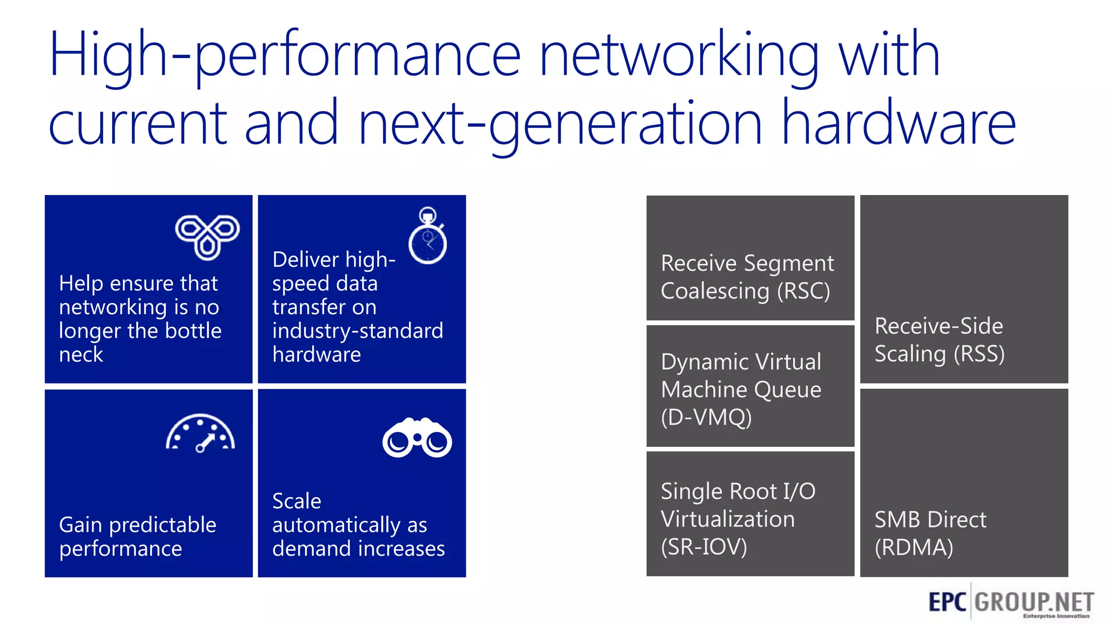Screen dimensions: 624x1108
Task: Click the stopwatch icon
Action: (x=427, y=236)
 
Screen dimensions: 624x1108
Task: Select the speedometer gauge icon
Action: (x=200, y=433)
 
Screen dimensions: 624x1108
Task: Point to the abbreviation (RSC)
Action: (x=803, y=291)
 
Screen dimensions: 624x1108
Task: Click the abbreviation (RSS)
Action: (x=979, y=354)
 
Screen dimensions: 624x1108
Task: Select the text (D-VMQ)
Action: (x=706, y=417)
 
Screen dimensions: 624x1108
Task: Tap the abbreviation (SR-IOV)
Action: (x=703, y=547)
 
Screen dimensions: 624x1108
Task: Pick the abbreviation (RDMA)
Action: (x=914, y=547)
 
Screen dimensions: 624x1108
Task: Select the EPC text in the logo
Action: (x=947, y=602)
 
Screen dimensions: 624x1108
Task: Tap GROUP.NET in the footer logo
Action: (x=1034, y=602)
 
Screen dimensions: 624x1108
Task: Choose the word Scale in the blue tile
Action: (x=296, y=501)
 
